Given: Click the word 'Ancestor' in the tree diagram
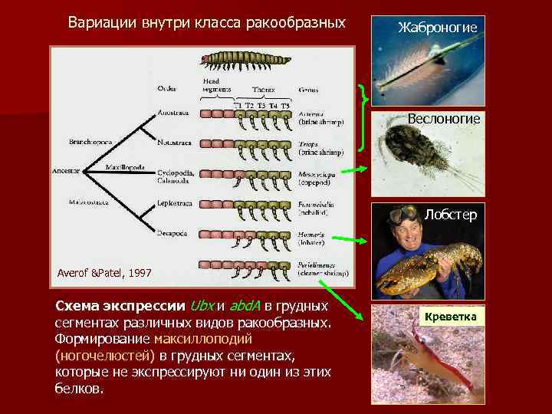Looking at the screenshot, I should point(66,171).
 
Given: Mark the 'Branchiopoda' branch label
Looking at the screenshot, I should point(90,143).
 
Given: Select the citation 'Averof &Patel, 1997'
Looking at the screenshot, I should point(104,273).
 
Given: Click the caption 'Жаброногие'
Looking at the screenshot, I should point(438,28).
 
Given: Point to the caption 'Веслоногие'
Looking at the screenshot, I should point(444,119).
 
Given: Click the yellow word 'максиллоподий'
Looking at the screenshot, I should point(198,338).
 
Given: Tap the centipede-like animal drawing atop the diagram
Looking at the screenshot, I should point(245,59).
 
